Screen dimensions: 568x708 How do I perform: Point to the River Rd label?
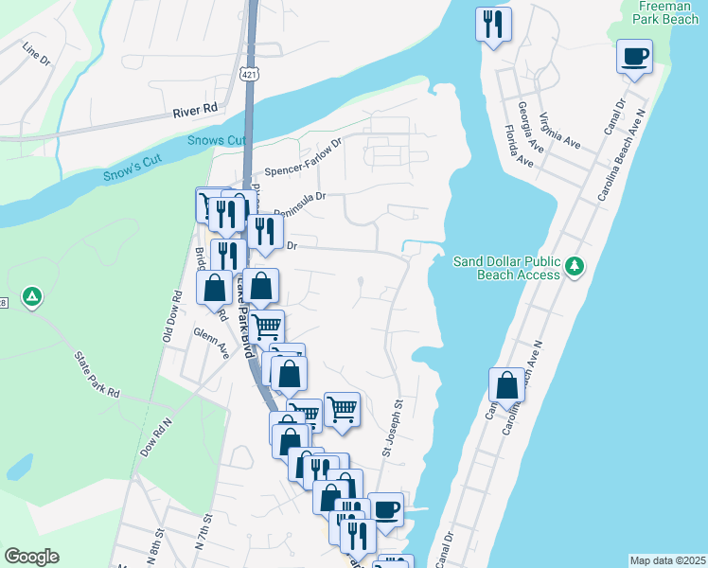click(x=195, y=110)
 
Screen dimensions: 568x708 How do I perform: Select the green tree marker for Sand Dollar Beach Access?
click(x=574, y=268)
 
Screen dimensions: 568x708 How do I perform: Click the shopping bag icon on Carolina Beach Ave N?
click(x=507, y=384)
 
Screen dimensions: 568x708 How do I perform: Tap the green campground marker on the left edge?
click(x=32, y=297)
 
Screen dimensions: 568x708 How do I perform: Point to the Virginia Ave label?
click(x=559, y=131)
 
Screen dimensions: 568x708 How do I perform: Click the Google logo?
click(x=31, y=557)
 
